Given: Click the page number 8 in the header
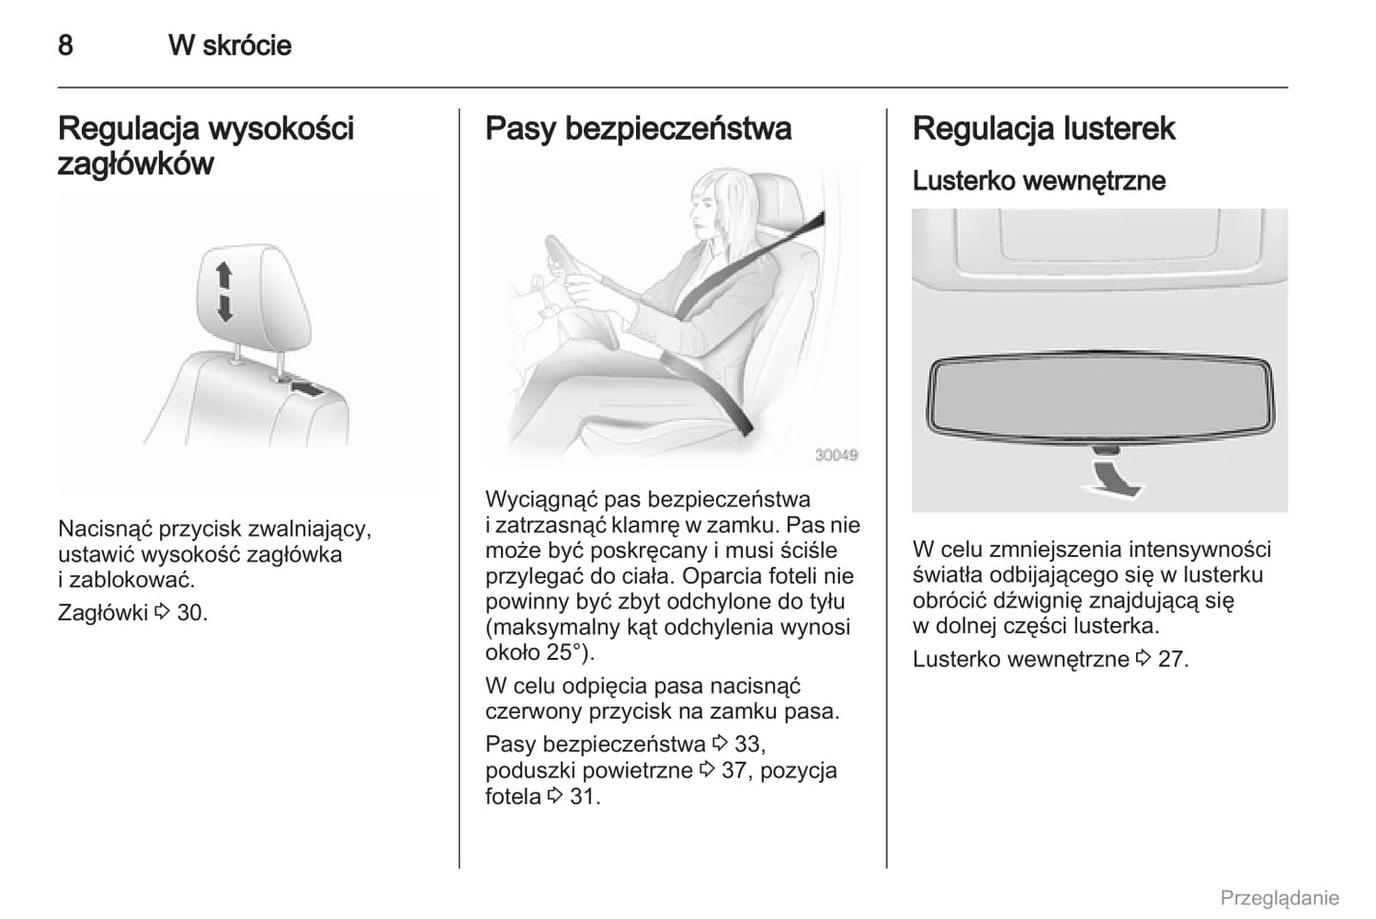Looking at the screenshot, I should [65, 45].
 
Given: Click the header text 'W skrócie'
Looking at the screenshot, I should [229, 45].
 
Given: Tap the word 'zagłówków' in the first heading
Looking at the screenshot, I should [135, 164].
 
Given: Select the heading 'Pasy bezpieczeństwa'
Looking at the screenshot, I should [638, 129].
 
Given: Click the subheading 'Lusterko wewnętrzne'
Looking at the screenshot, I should [1038, 180].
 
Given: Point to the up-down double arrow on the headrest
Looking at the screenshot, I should [224, 291].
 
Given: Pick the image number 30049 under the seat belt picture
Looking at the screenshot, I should [836, 455].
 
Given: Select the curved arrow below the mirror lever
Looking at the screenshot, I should [1113, 476].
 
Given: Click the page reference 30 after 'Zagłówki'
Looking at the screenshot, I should [189, 612].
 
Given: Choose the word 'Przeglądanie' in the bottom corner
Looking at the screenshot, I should [1279, 897].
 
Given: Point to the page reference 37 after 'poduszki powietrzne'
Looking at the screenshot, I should [733, 769].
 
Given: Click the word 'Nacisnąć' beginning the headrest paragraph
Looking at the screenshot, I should [105, 529].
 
